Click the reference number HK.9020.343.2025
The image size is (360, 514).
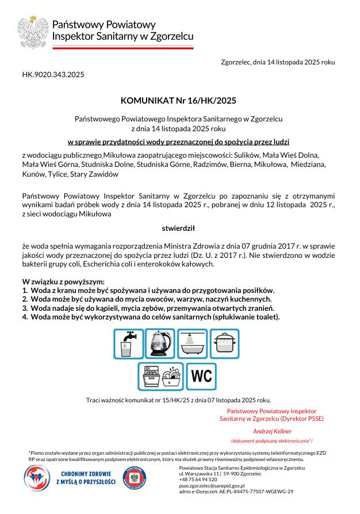click(53, 74)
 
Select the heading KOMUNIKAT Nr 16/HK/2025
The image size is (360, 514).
click(178, 101)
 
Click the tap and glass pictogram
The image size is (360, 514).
click(128, 344)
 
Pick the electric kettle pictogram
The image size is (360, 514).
click(160, 344)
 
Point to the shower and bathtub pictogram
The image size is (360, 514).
click(193, 344)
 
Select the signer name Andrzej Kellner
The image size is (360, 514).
click(272, 431)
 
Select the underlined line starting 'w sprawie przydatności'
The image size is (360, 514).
click(178, 141)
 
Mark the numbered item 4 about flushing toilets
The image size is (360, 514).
click(151, 317)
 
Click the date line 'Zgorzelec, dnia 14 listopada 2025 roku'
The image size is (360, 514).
click(278, 62)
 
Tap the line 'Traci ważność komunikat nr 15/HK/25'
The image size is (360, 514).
click(178, 399)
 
